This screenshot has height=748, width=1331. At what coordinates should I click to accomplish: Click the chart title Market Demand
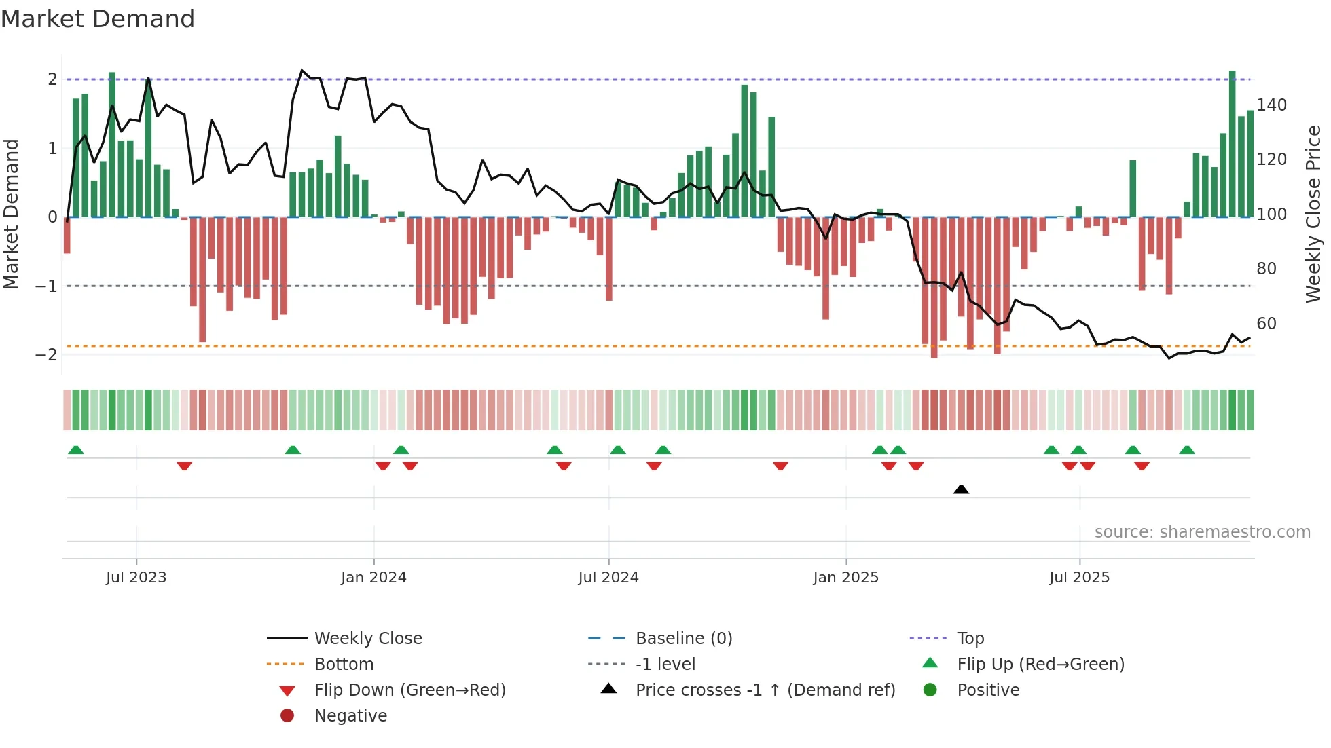98,19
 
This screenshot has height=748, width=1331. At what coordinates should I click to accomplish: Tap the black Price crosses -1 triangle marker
961,489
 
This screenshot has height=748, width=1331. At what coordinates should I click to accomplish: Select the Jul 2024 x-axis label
608,578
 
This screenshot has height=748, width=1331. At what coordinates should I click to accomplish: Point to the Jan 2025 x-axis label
845,578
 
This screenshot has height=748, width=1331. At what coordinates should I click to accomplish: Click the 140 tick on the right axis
1271,105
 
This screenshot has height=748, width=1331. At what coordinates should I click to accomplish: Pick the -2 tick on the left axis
46,355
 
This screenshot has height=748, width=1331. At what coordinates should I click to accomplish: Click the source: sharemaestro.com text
1202,532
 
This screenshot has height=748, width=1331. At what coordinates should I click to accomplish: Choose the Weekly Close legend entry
367,639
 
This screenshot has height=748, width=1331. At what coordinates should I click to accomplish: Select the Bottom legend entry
344,665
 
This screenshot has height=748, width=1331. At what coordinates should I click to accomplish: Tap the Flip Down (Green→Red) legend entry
409,690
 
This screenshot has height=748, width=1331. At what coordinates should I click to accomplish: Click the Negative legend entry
350,716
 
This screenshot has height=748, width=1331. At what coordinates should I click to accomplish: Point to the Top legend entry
970,639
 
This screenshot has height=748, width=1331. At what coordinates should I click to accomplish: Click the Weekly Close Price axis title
1313,214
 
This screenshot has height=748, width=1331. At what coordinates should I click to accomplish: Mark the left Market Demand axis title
12,214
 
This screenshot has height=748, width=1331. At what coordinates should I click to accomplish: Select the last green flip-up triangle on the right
1187,450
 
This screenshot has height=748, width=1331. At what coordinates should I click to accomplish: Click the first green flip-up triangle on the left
76,450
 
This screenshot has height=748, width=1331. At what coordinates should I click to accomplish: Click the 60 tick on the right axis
1266,324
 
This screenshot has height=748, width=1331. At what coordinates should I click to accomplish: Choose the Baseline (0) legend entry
683,639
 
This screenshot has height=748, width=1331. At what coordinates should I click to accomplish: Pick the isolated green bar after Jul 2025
1133,189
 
